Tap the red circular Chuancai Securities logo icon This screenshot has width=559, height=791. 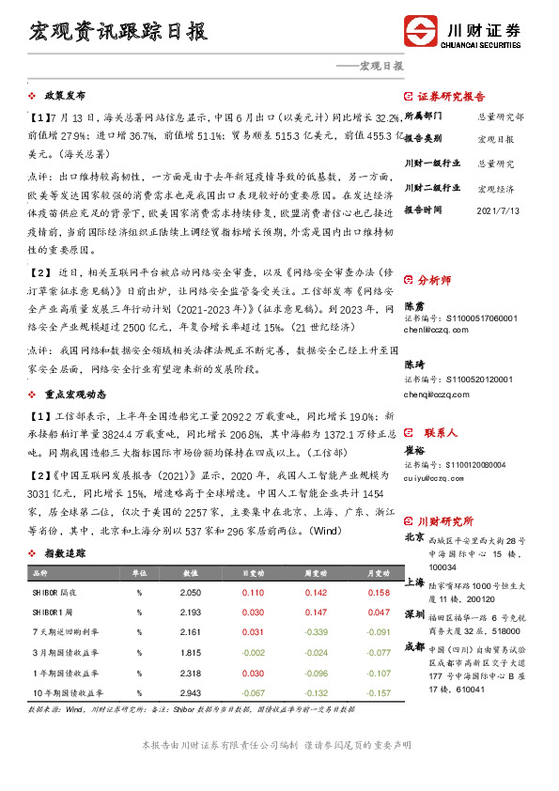tap(421, 30)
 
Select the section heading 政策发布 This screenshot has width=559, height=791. tap(65, 96)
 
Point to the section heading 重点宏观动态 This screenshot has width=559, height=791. tap(73, 395)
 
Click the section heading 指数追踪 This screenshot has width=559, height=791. tap(65, 554)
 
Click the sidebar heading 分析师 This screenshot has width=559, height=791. tap(434, 279)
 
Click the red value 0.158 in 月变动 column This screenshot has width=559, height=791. tap(378, 593)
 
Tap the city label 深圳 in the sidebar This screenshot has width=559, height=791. tap(413, 614)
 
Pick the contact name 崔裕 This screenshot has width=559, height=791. tap(415, 451)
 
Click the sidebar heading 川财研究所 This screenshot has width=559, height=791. tap(445, 521)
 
